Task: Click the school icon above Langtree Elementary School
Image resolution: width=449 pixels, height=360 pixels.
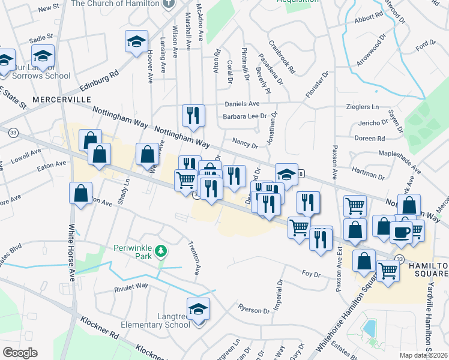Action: point(198,309)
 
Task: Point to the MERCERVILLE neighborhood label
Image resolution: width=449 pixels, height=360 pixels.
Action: point(61,98)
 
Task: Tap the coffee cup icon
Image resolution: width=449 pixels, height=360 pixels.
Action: point(401,232)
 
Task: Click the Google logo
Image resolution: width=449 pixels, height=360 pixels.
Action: point(20,353)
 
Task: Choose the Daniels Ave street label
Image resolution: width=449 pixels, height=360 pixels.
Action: point(242,104)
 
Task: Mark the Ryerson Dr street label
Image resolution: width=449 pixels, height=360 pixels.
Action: point(254,310)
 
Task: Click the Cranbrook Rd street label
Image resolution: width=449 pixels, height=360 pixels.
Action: point(283,57)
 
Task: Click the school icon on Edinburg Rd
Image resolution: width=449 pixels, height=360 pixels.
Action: point(137,42)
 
